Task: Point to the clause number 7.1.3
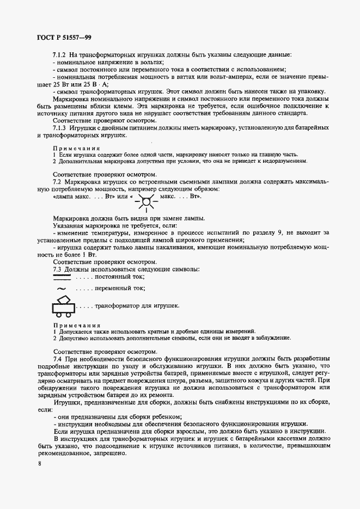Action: (x=62, y=127)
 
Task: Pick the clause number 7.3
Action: (x=58, y=269)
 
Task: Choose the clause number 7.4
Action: (x=58, y=359)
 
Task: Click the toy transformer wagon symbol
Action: (x=64, y=306)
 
